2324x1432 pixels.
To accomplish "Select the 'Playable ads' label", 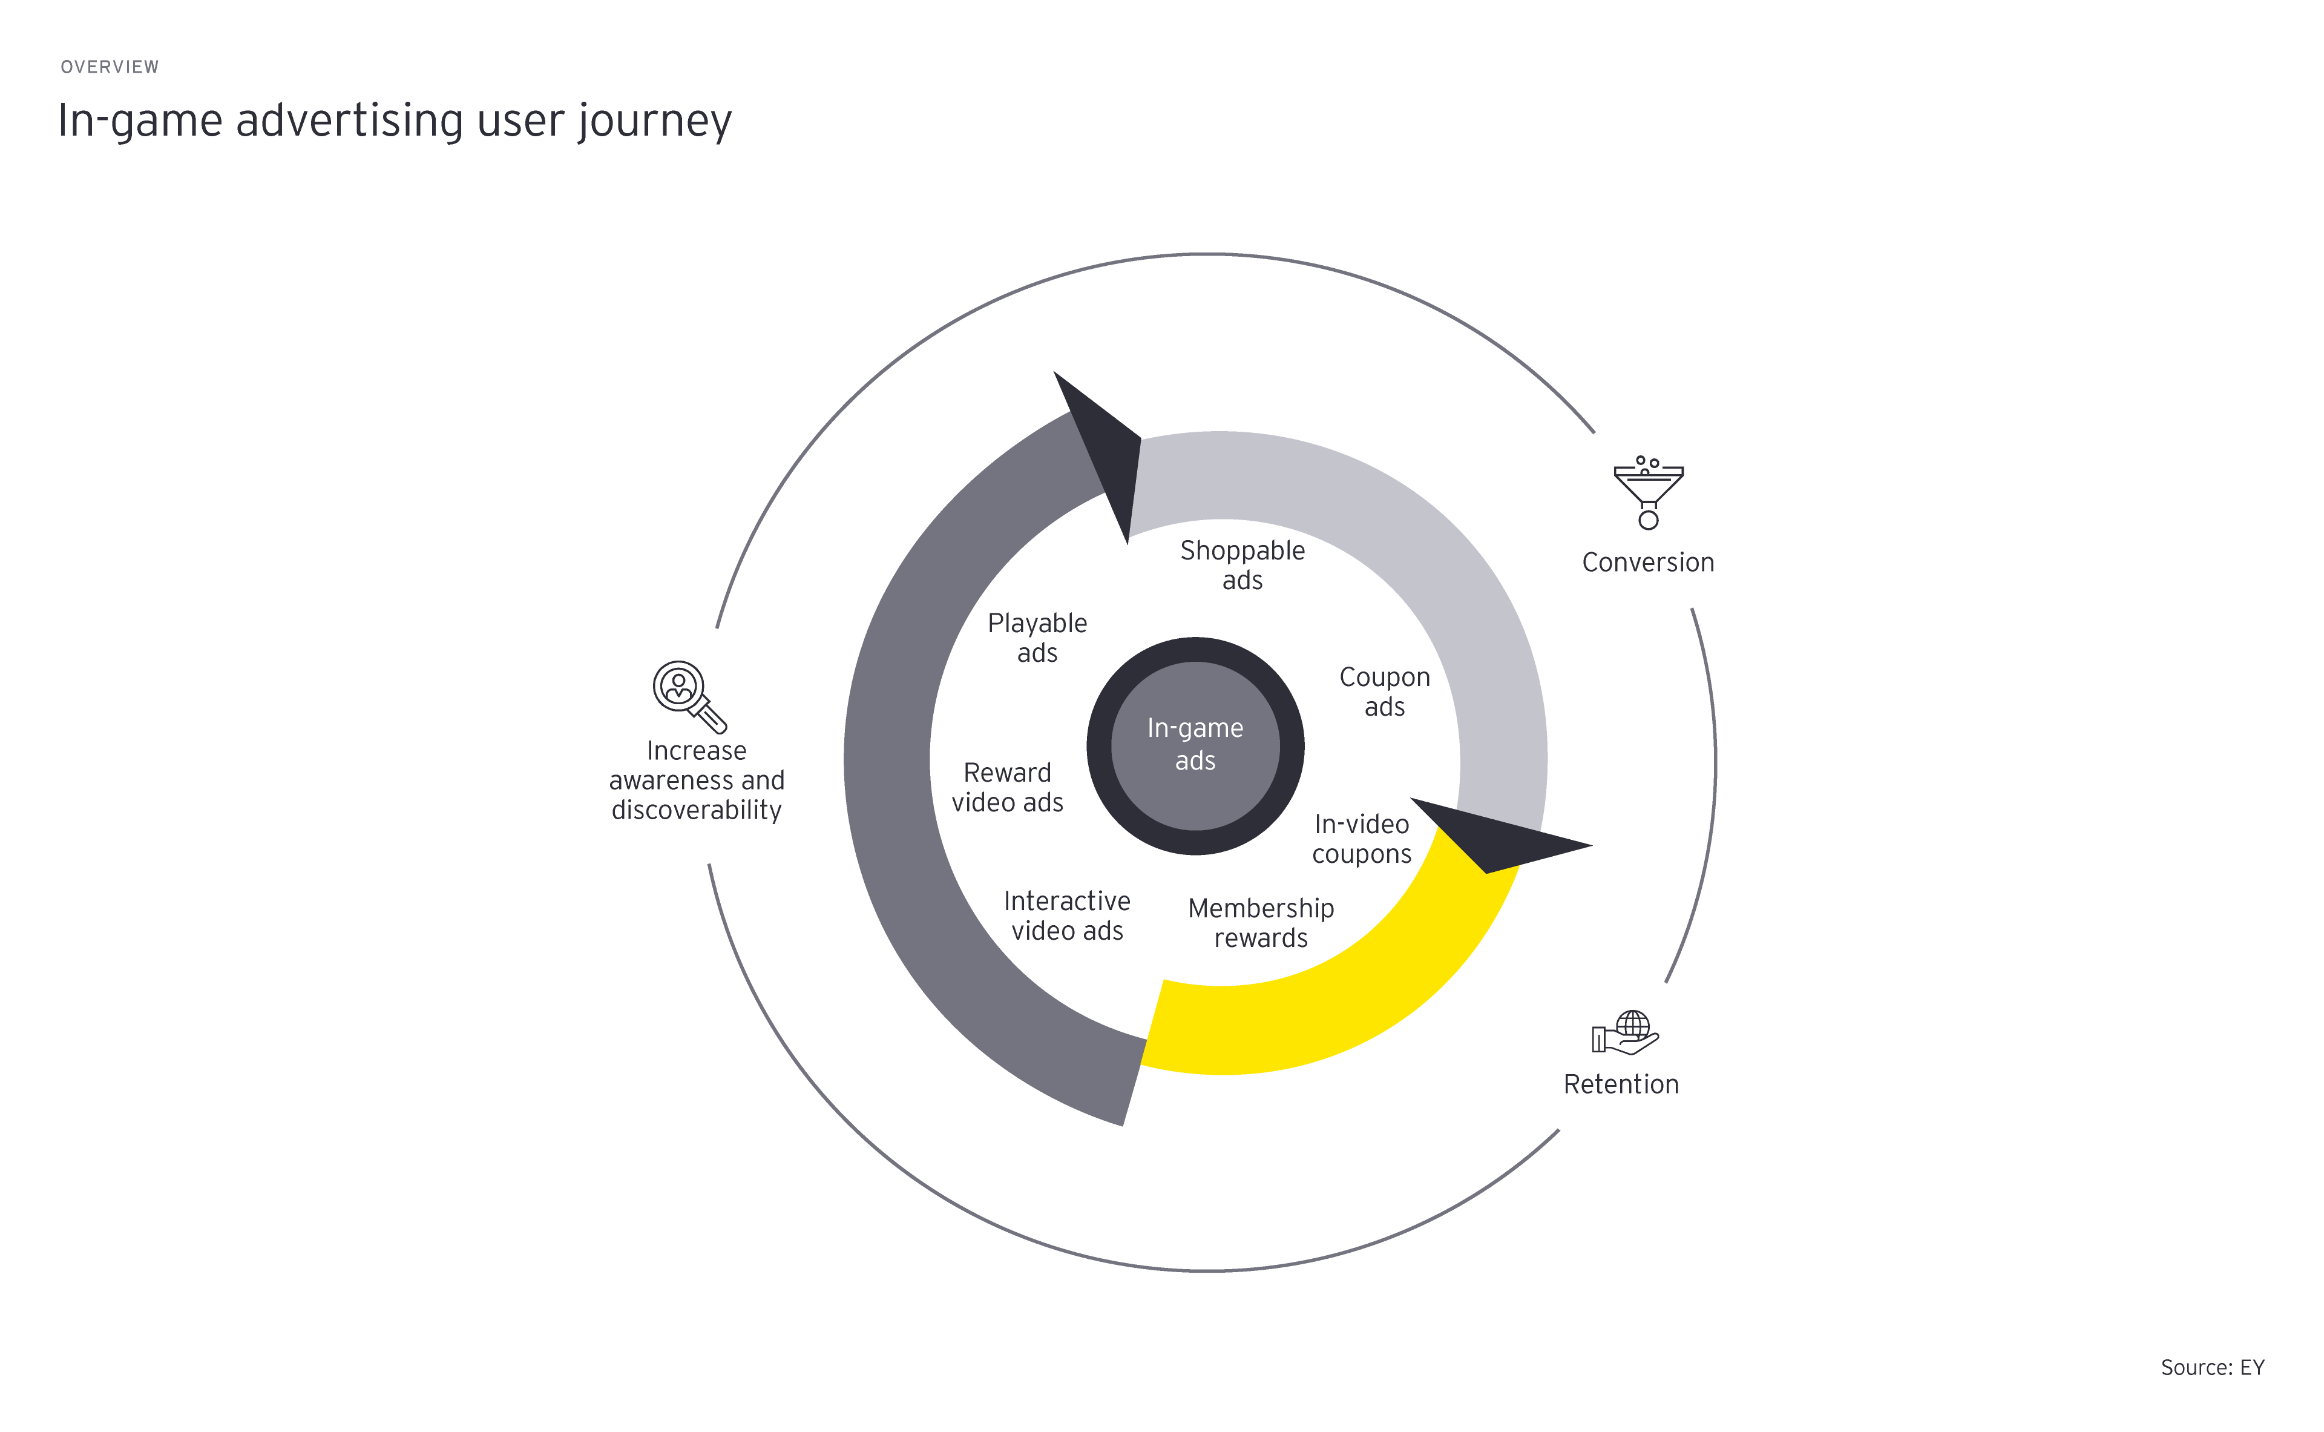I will click(x=1037, y=638).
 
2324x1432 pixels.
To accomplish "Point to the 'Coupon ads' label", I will click(x=1384, y=692).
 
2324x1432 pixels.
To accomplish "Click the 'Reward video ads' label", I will click(x=1007, y=788).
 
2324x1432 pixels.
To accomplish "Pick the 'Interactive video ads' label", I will click(x=1067, y=916).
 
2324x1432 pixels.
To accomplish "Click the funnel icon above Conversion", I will click(x=1648, y=492).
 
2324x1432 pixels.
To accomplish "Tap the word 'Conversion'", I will click(x=1647, y=563).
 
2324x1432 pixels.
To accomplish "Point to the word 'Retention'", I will click(x=1621, y=1084).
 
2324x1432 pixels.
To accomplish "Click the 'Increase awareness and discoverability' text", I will click(x=697, y=780).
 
